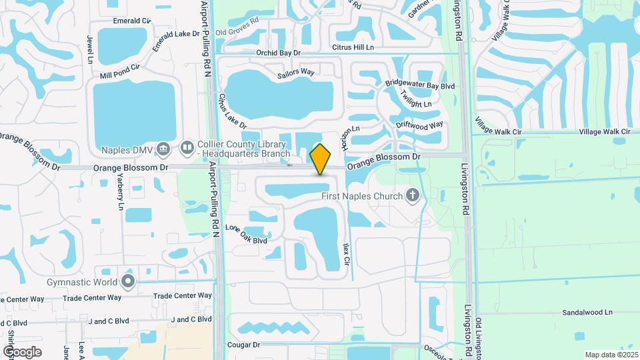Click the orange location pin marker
[321, 159]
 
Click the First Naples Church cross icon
[413, 195]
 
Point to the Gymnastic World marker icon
[128, 282]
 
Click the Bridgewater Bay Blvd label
[420, 86]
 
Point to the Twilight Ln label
[416, 100]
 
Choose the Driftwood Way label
[419, 125]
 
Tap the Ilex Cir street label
[346, 255]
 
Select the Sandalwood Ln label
[587, 312]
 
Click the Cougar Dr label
[243, 345]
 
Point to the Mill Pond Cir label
[120, 71]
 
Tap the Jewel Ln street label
[89, 50]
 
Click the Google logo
[22, 351]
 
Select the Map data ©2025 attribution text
[610, 355]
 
